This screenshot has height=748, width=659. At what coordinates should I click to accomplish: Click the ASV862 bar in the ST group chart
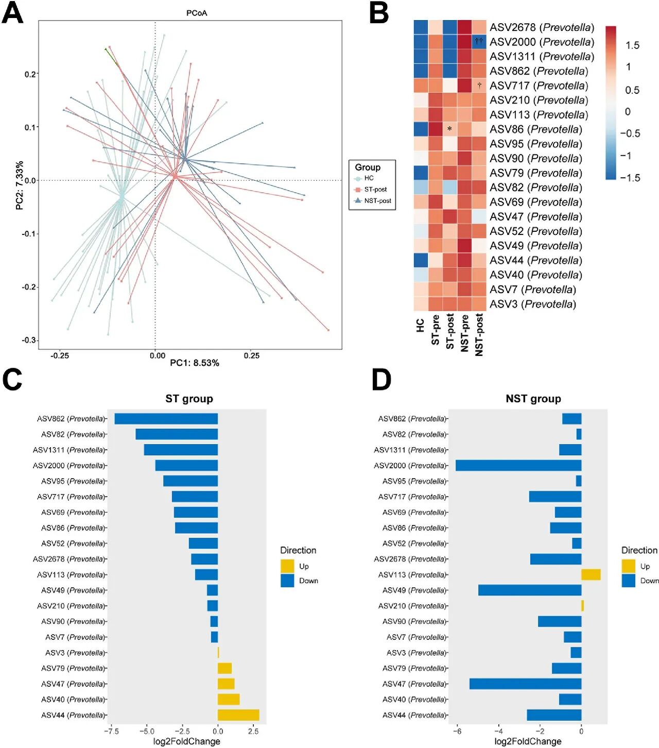click(x=166, y=419)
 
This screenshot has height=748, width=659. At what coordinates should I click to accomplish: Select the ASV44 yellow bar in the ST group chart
click(x=238, y=715)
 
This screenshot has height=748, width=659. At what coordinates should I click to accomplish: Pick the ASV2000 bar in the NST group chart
click(x=518, y=466)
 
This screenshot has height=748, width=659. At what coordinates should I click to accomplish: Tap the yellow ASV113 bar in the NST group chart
click(x=591, y=574)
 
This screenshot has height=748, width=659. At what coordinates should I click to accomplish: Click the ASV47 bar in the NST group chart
click(x=525, y=684)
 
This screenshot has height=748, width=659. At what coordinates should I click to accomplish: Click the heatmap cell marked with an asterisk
click(x=449, y=129)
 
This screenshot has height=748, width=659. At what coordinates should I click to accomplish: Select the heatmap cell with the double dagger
click(x=479, y=41)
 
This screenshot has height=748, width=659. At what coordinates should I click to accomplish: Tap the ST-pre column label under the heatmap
click(x=436, y=330)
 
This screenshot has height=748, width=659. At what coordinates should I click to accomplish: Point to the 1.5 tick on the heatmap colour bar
click(x=632, y=45)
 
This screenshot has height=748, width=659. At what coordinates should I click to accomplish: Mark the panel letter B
click(x=379, y=13)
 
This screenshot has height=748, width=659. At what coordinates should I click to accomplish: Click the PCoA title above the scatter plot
click(x=197, y=13)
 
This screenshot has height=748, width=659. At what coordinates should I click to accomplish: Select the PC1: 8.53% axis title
click(x=195, y=363)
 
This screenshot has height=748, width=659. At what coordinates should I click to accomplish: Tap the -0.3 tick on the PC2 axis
click(x=29, y=340)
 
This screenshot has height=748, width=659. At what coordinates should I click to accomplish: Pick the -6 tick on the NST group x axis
click(x=457, y=731)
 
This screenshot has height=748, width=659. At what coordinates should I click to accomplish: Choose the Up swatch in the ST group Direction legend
click(x=287, y=566)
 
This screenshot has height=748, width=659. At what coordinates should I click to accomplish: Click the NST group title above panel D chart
click(x=533, y=399)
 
